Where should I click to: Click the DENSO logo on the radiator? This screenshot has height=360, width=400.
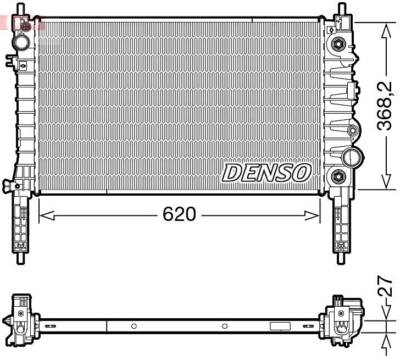click(265, 172)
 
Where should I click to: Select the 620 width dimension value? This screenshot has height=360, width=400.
click(180, 215)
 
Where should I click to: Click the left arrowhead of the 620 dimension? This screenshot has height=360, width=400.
click(43, 215)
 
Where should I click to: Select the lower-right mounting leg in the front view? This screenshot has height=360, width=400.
click(342, 220)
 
